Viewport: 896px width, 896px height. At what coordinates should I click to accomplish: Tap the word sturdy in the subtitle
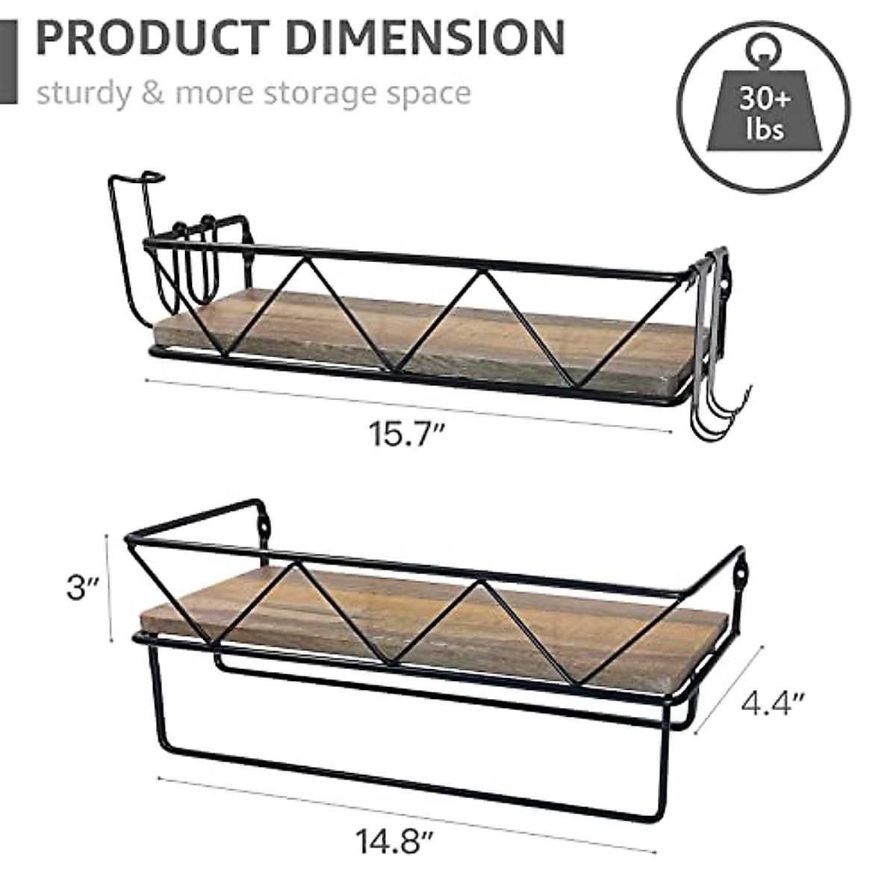(83, 95)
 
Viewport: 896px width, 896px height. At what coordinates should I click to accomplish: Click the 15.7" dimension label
(407, 434)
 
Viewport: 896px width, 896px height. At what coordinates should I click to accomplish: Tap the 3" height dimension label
(83, 588)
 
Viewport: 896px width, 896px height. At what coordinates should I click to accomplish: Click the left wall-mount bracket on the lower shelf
(262, 522)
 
